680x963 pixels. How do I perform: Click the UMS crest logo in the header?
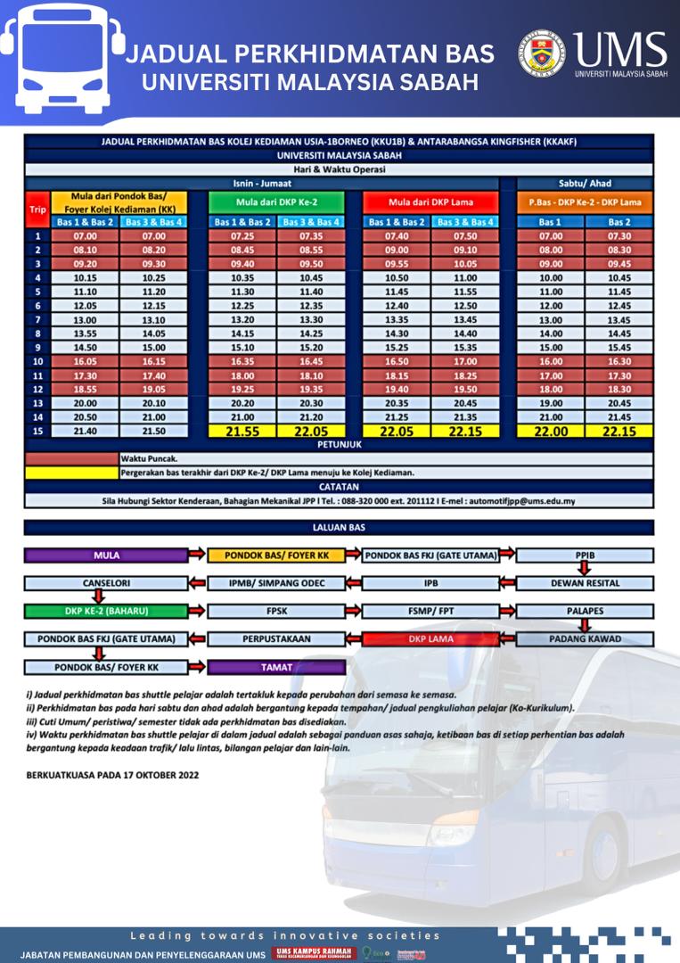click(x=543, y=55)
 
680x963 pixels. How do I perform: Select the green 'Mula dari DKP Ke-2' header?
click(x=276, y=202)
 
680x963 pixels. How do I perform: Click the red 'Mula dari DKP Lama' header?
click(x=431, y=202)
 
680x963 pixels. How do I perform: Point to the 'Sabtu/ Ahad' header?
click(x=585, y=184)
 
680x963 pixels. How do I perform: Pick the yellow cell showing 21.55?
click(x=242, y=431)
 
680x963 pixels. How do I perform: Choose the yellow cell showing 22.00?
click(x=551, y=431)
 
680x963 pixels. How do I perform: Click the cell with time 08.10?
click(x=86, y=251)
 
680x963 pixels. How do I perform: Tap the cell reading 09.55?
click(x=397, y=265)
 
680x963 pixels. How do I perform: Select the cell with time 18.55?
click(x=86, y=389)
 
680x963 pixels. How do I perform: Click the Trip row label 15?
click(x=37, y=431)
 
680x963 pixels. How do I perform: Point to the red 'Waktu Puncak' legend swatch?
click(x=70, y=458)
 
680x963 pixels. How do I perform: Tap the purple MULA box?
click(x=106, y=556)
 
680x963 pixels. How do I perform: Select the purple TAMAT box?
click(x=276, y=667)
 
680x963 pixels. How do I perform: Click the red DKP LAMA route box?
click(x=430, y=639)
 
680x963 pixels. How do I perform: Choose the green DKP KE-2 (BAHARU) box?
click(x=106, y=612)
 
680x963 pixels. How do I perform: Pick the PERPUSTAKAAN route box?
click(x=276, y=639)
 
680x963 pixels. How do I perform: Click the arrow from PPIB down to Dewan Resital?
click(x=586, y=569)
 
